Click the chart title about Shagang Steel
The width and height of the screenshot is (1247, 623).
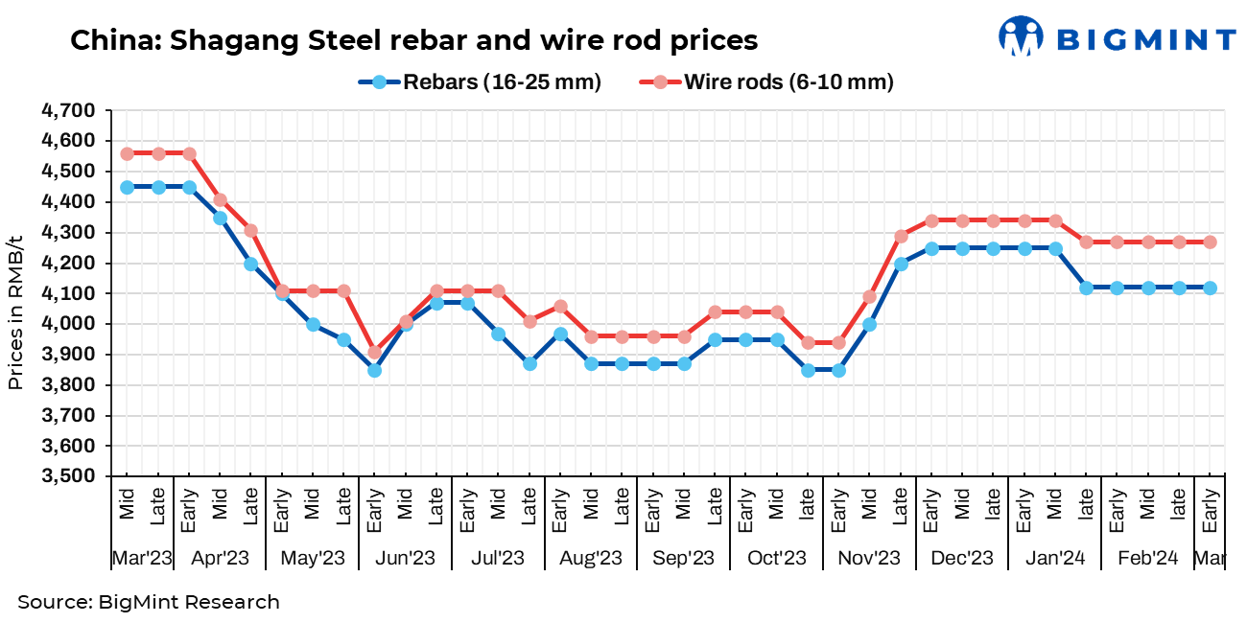pyautogui.click(x=413, y=40)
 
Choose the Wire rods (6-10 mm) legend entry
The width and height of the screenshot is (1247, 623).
pyautogui.click(x=767, y=82)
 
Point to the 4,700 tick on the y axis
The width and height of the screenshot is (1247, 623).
pyautogui.click(x=68, y=110)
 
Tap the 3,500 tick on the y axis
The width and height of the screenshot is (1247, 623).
pyautogui.click(x=68, y=476)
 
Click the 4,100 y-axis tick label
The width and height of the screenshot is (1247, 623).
pyautogui.click(x=68, y=293)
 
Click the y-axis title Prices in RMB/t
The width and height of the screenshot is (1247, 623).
pyautogui.click(x=15, y=312)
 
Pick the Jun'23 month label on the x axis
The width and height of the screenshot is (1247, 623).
pyautogui.click(x=405, y=558)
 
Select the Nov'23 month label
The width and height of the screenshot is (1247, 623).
pyautogui.click(x=869, y=558)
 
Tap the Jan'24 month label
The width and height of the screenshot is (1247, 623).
pyautogui.click(x=1054, y=558)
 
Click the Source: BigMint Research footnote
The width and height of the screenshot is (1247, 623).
pyautogui.click(x=149, y=602)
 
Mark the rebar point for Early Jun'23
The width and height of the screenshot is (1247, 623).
pyautogui.click(x=374, y=370)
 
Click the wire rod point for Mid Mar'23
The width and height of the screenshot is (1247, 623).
pyautogui.click(x=127, y=153)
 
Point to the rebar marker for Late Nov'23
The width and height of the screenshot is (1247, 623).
pyautogui.click(x=901, y=264)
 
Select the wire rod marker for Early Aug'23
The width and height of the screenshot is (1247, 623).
pyautogui.click(x=560, y=307)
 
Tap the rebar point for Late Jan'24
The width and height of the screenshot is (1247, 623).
pyautogui.click(x=1086, y=288)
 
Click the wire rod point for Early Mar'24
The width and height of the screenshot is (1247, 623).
pyautogui.click(x=1210, y=242)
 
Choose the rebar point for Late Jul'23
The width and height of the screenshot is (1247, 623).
pyautogui.click(x=529, y=364)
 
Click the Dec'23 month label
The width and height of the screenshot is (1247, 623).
pyautogui.click(x=962, y=558)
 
